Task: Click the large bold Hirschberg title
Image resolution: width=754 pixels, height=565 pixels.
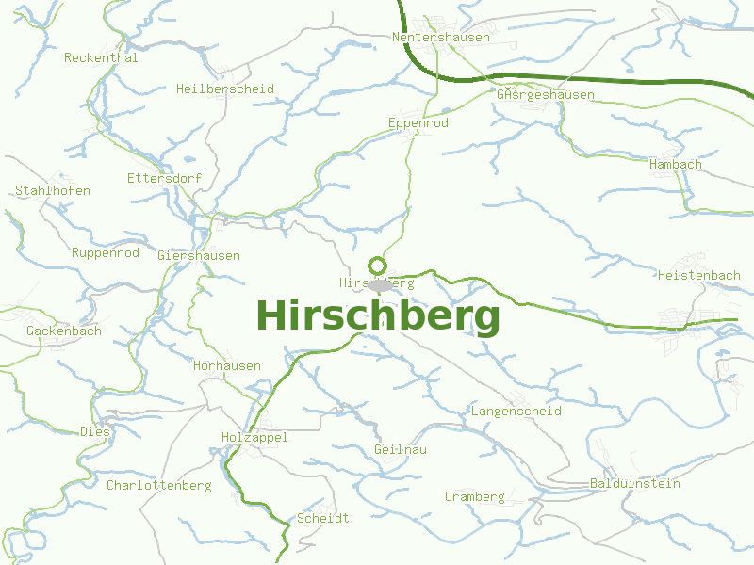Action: pos(378,316)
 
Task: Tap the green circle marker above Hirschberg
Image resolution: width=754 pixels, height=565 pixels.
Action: pos(378,265)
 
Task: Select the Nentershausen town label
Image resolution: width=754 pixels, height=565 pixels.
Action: pos(441,38)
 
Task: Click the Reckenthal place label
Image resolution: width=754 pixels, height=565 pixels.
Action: pos(101,58)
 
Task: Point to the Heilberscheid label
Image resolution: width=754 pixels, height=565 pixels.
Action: pos(225,89)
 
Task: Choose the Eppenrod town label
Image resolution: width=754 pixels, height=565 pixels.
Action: pos(418,123)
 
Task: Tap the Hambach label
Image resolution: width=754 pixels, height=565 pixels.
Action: pos(676,165)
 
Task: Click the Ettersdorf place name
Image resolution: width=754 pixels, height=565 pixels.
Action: pos(165,178)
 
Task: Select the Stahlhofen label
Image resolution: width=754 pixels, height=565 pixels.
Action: pos(53,191)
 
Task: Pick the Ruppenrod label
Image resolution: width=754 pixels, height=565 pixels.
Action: pos(106,253)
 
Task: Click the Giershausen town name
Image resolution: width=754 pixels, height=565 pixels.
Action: pos(199,256)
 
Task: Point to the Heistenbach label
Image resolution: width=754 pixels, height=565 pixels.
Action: pos(700,276)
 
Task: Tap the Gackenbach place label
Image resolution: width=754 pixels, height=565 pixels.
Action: pos(64,331)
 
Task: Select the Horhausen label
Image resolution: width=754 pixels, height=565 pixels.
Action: pos(227,366)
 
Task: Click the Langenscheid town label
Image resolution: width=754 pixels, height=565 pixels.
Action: pos(516,412)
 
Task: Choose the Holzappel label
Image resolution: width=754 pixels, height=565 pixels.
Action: pos(254,438)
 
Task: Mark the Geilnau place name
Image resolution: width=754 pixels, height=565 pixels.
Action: pos(401,450)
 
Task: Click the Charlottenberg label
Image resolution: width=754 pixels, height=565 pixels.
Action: pos(158,486)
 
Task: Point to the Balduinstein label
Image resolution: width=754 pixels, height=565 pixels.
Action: pos(635,484)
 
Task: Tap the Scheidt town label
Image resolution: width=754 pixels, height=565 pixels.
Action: pos(323,519)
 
